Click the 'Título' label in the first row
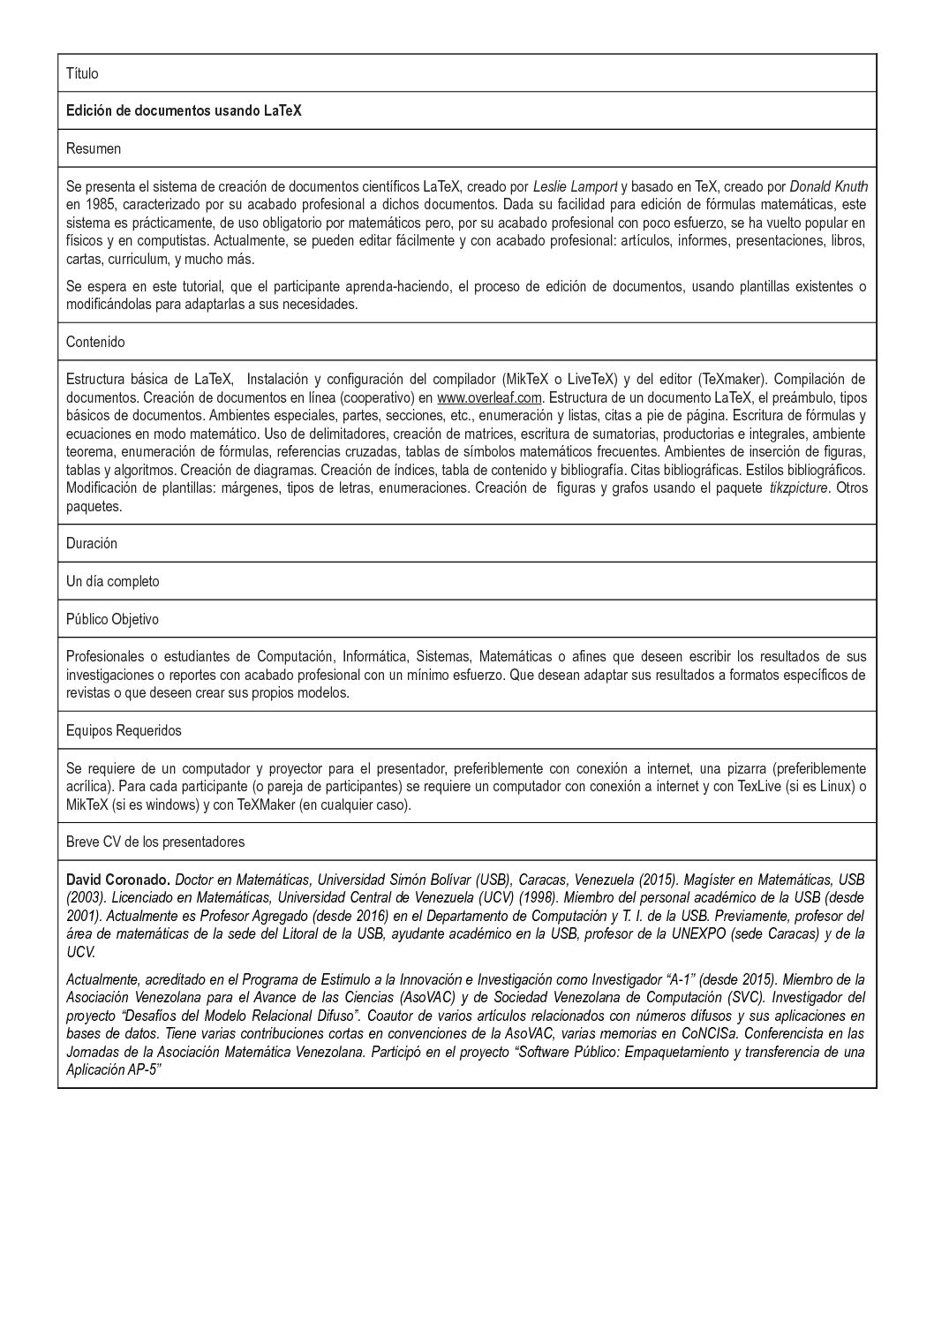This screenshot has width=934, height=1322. pyautogui.click(x=82, y=73)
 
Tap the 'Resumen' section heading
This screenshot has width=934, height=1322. pyautogui.click(x=94, y=148)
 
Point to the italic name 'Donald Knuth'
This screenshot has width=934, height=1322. pyautogui.click(x=828, y=186)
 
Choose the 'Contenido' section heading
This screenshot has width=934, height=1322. pyautogui.click(x=95, y=342)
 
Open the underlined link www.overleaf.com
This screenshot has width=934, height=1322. pyautogui.click(x=489, y=397)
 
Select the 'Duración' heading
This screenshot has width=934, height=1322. pyautogui.click(x=92, y=543)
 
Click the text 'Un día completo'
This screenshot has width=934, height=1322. pyautogui.click(x=113, y=581)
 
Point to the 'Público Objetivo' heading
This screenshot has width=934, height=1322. pyautogui.click(x=112, y=619)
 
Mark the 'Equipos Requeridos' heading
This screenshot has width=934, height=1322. pyautogui.click(x=124, y=730)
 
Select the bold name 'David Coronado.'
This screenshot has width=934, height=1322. pyautogui.click(x=118, y=880)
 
